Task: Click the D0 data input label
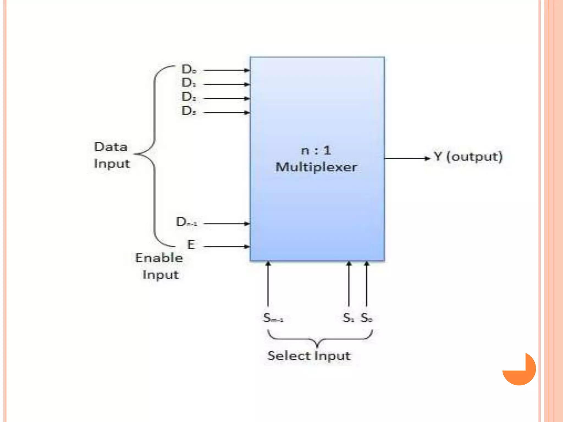(189, 69)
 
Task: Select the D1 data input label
(189, 83)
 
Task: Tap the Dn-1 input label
(186, 222)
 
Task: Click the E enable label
(191, 245)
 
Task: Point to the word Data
(111, 147)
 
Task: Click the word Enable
(159, 258)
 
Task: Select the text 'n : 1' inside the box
(316, 151)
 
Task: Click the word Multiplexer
(316, 167)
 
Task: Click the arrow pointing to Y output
(407, 158)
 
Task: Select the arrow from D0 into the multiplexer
(227, 70)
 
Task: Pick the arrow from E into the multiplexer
(227, 246)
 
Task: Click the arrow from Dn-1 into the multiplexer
(227, 224)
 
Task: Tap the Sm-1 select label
(273, 318)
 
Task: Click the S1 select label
(348, 318)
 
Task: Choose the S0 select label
(366, 318)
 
